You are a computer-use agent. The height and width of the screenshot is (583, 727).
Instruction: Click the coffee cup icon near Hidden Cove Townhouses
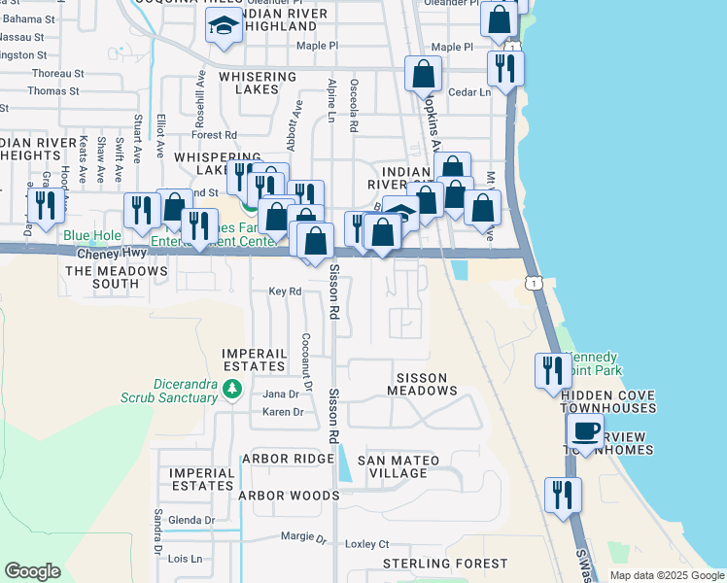click(585, 430)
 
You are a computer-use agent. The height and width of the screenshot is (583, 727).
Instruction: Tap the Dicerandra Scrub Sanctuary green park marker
click(231, 390)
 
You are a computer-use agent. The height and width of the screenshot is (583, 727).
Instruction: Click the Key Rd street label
click(285, 291)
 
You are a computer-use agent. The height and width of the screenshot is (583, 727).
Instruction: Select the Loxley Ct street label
click(367, 545)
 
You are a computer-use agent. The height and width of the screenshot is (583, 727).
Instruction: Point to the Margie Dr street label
click(304, 537)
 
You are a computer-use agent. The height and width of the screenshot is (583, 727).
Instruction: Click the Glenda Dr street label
click(190, 520)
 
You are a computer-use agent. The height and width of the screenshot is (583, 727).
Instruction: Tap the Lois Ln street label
click(185, 559)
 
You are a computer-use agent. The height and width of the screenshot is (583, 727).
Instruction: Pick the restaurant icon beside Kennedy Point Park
click(552, 370)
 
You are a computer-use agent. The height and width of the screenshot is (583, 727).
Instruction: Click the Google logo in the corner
click(33, 571)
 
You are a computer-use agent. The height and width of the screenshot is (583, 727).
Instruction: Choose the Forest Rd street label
click(215, 135)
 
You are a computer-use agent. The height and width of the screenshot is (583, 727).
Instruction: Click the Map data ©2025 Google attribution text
click(666, 575)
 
